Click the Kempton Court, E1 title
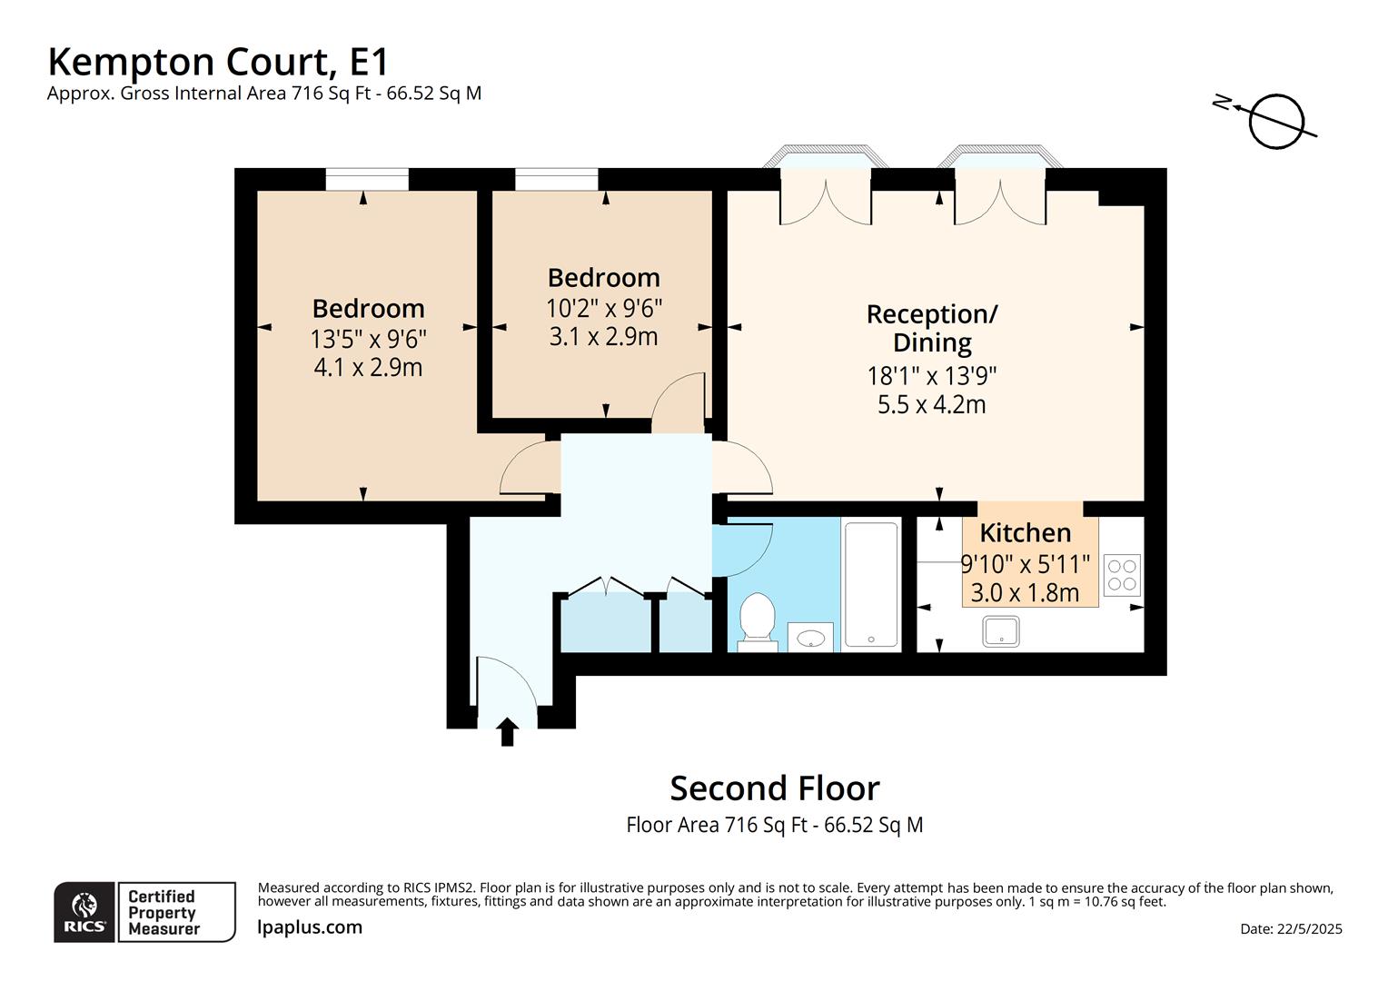click(218, 62)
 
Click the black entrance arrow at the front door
click(508, 731)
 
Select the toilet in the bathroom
click(756, 620)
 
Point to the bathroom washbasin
click(810, 638)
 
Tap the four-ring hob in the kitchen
click(1122, 575)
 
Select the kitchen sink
click(1000, 631)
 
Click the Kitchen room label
click(1025, 533)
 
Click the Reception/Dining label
click(932, 328)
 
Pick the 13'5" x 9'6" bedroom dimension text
click(368, 340)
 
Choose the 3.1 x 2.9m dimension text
click(603, 337)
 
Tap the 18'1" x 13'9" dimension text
click(932, 376)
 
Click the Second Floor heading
click(774, 788)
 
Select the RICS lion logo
click(84, 911)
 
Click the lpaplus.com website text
click(310, 927)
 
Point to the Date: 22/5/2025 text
click(1291, 928)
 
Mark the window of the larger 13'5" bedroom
click(367, 180)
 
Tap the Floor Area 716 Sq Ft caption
click(774, 825)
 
